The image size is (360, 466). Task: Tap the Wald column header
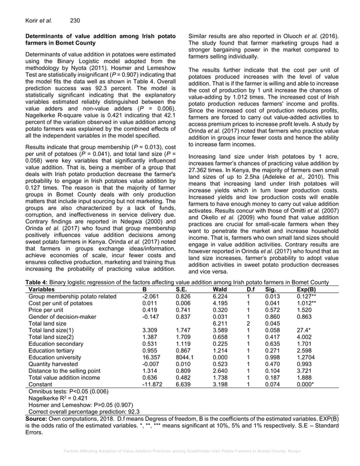click(x=217, y=288)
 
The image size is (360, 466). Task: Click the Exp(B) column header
click(x=304, y=288)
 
